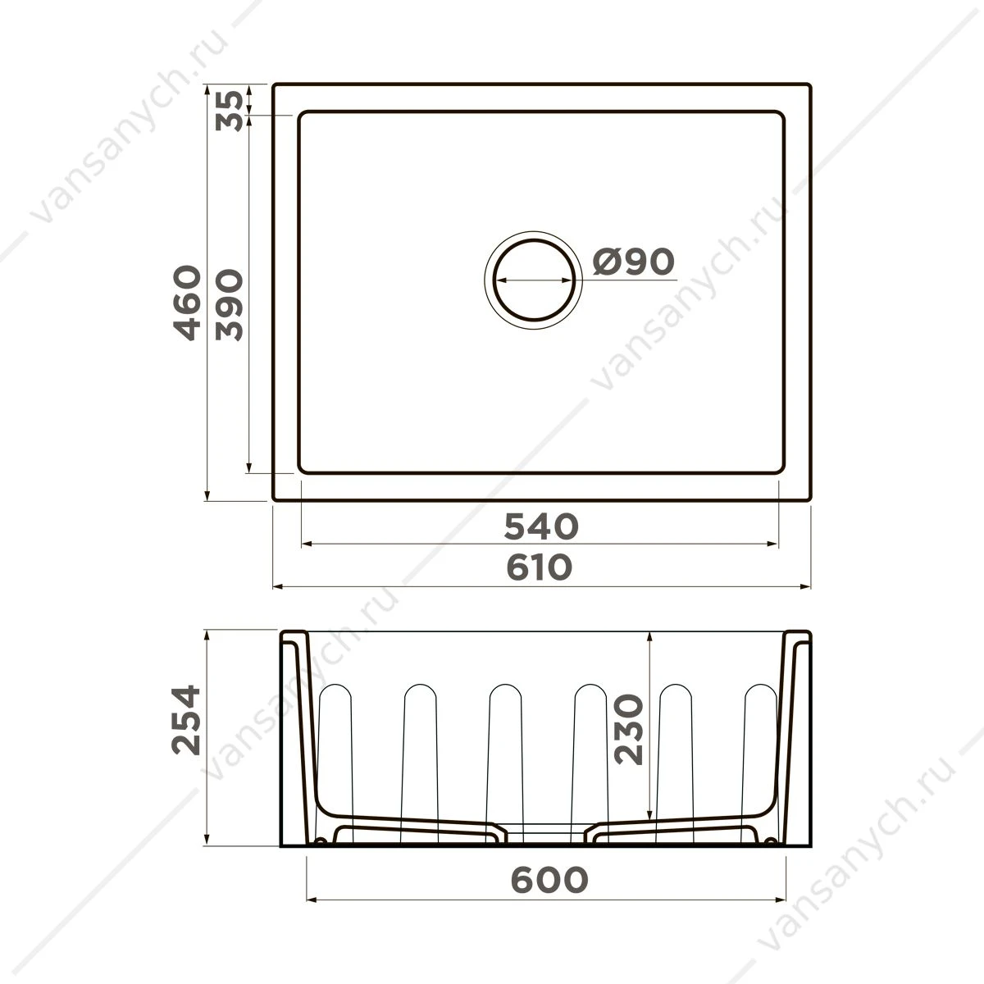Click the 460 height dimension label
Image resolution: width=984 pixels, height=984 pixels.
point(187,303)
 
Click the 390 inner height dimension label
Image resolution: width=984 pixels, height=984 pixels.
point(229,305)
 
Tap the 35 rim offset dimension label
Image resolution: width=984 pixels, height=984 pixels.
point(229,111)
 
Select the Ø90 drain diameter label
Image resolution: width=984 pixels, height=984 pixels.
point(634,262)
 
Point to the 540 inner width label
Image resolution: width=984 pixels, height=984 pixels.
point(541,526)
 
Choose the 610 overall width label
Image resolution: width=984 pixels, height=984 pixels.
point(540,567)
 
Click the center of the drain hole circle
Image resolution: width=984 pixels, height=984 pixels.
point(534,280)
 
